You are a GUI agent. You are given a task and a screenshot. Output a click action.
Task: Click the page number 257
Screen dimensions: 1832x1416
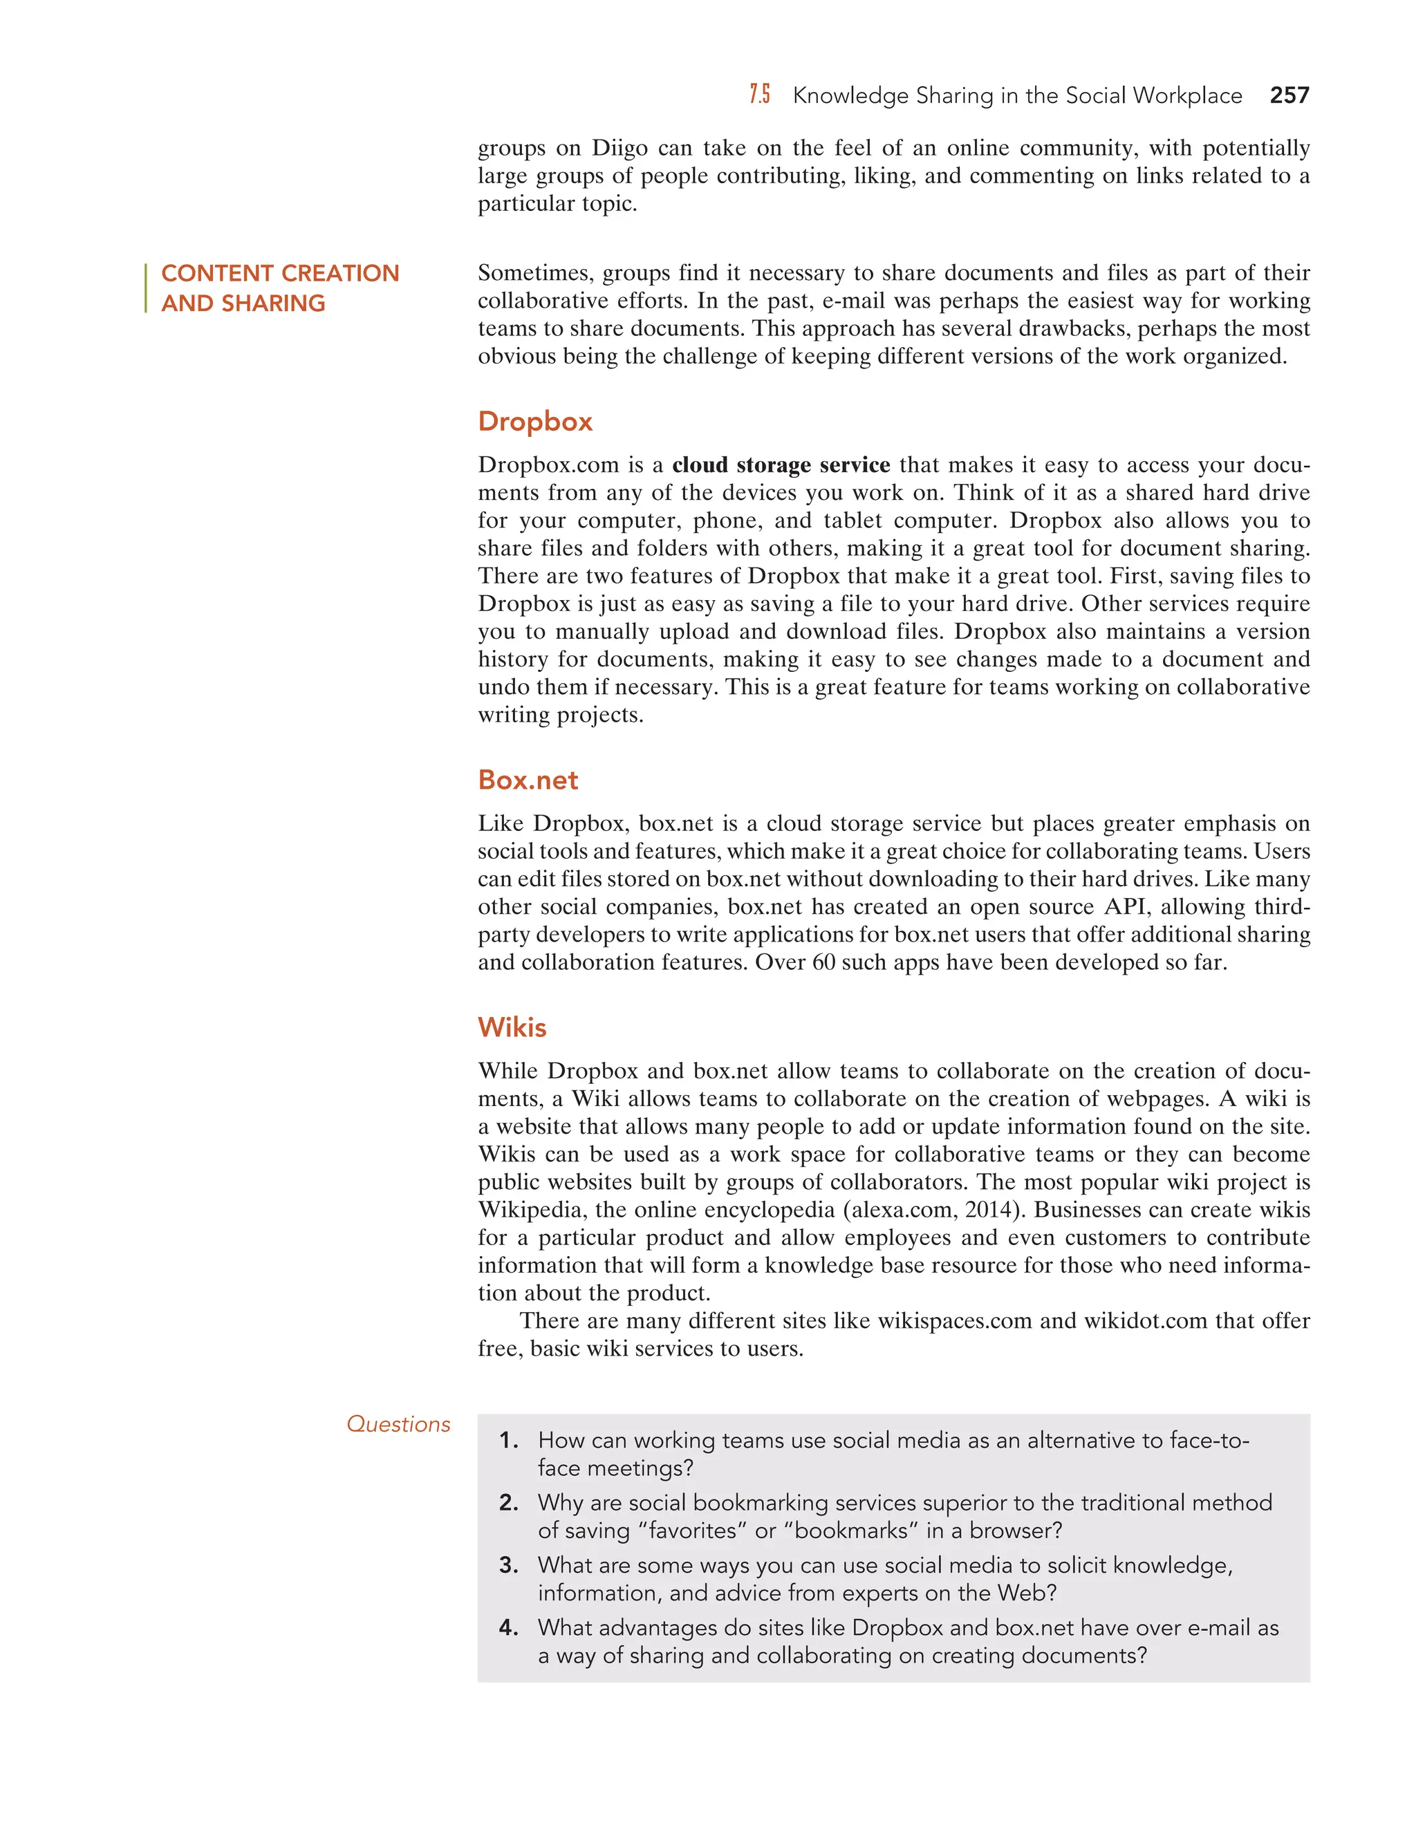(x=1289, y=95)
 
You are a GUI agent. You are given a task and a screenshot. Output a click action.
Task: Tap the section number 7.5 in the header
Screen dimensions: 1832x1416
(x=759, y=95)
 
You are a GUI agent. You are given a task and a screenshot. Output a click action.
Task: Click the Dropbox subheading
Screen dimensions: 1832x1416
(x=534, y=421)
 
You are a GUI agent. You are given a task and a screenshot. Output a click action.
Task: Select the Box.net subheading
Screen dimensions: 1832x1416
(x=528, y=780)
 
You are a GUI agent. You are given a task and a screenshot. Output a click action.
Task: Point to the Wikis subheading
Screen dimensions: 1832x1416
(x=512, y=1027)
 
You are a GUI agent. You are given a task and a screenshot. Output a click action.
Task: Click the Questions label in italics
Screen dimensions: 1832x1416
(x=398, y=1424)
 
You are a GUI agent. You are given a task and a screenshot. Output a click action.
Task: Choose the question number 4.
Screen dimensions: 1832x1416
(x=508, y=1628)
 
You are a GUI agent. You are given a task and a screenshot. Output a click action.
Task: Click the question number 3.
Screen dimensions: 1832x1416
(x=508, y=1565)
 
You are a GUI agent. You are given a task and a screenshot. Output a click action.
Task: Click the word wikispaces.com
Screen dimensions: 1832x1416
(x=953, y=1321)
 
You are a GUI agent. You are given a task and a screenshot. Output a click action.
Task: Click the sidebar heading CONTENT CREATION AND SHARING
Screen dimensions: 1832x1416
(x=279, y=288)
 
